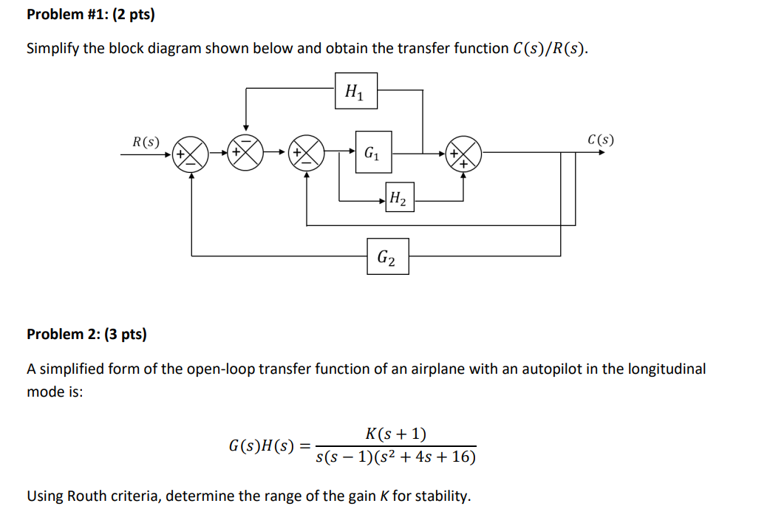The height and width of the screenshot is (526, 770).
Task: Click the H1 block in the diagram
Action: (x=355, y=92)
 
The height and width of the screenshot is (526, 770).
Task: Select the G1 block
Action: (x=373, y=153)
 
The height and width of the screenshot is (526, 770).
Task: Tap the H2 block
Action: (x=399, y=197)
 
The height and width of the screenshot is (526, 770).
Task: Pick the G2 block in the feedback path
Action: (x=387, y=256)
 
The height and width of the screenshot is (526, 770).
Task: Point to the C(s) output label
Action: (x=600, y=140)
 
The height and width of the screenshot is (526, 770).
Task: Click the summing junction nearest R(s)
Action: (x=190, y=154)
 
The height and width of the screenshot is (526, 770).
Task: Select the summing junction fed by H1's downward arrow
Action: (x=246, y=154)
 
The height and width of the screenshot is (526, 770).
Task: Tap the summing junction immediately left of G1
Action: (x=307, y=154)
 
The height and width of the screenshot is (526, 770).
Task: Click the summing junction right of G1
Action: (x=463, y=154)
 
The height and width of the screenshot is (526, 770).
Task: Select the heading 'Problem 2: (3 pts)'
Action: (x=86, y=334)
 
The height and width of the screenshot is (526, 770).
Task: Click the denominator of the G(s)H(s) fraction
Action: (x=396, y=457)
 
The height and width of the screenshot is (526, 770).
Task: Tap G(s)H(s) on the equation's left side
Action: (x=262, y=445)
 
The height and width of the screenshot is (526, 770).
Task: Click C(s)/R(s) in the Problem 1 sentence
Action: (x=549, y=49)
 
